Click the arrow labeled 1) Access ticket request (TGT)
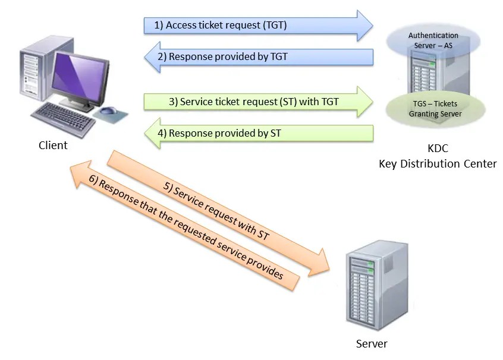[258, 26]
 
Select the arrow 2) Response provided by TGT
[259, 57]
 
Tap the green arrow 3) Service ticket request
[258, 102]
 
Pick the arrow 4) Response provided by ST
[259, 133]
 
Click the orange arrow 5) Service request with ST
[218, 213]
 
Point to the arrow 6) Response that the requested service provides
[184, 225]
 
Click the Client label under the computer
[53, 145]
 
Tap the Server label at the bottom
[372, 343]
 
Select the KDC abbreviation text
[438, 149]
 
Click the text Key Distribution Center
[438, 164]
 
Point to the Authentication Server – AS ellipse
[433, 41]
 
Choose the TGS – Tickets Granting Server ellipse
[435, 109]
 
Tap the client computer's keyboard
[64, 119]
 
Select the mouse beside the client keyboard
[108, 111]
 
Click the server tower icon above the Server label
[377, 285]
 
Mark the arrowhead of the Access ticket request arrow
[365, 26]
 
